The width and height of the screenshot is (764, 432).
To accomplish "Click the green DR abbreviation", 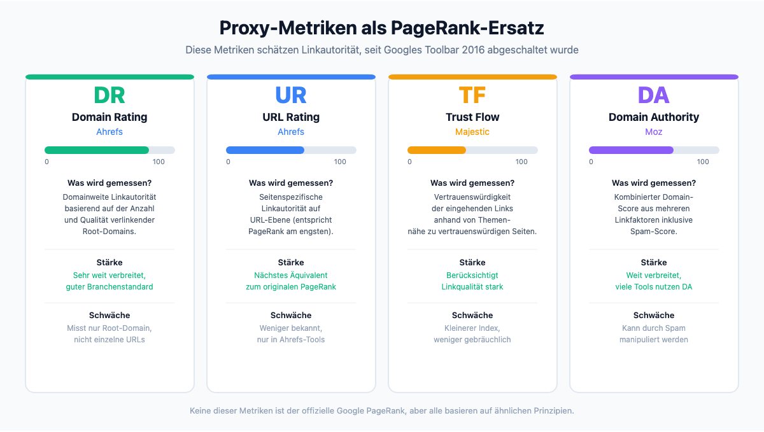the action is [110, 95].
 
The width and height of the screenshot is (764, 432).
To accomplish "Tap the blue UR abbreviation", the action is [291, 95].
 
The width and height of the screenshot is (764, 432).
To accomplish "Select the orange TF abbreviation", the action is [472, 95].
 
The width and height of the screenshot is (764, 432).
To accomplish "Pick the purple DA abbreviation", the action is [654, 95].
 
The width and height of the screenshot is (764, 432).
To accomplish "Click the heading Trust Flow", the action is [472, 117].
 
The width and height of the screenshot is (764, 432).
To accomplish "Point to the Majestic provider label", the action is [472, 132].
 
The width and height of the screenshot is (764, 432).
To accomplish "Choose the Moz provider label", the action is [654, 132].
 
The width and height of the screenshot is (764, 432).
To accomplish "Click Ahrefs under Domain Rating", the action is [110, 132].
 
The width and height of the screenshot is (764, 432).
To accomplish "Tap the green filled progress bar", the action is [97, 150].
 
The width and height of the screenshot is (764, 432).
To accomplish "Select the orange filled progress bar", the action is [437, 150].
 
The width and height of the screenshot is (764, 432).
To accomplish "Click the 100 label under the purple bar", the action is [703, 162].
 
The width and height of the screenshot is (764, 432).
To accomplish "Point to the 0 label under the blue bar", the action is [228, 162].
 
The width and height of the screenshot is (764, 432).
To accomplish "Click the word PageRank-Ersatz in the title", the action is [467, 28].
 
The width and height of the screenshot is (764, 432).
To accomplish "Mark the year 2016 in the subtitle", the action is [473, 50].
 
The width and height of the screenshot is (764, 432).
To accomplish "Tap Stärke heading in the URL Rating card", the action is [291, 262].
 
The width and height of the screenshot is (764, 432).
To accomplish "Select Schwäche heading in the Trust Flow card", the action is [472, 315].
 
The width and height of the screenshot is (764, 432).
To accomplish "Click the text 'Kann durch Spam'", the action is [654, 328].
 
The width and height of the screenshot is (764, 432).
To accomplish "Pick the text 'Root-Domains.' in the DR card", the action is [110, 232].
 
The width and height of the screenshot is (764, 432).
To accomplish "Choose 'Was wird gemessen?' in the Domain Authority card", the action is [654, 183].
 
